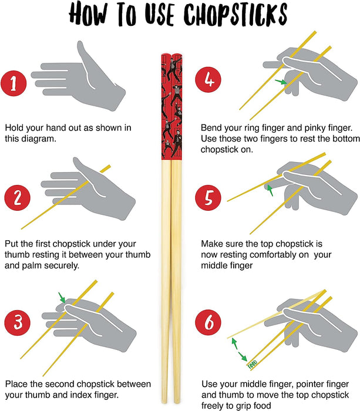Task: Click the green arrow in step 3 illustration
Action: point(62,298)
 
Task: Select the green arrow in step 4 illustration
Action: point(284,83)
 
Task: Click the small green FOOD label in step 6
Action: point(252,363)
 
